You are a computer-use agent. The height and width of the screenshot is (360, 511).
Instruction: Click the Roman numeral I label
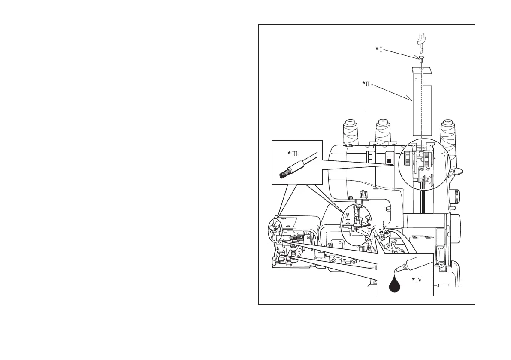coord(381,50)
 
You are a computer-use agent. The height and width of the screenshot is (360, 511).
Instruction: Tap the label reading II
coord(367,84)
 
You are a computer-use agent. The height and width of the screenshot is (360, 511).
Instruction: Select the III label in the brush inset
coord(295,153)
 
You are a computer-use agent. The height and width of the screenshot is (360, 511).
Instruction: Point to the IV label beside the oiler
coord(418,280)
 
